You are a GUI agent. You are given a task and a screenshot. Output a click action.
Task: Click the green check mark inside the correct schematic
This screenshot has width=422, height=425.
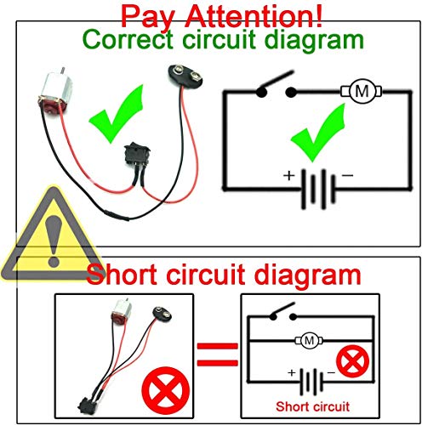tap(313, 134)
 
